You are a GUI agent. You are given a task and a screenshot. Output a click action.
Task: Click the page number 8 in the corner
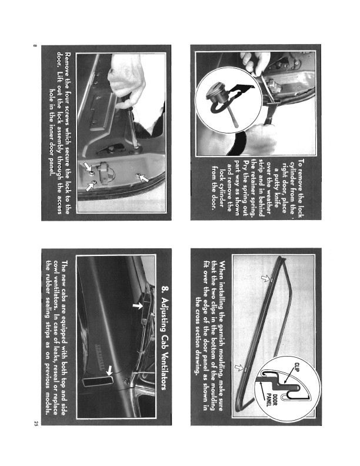35,46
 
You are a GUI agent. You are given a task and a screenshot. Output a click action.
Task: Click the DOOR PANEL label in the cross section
272,400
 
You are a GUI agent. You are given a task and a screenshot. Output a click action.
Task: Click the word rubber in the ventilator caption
48,282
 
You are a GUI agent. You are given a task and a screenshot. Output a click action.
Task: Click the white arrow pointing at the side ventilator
109,371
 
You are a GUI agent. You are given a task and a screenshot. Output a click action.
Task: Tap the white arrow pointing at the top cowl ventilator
137,305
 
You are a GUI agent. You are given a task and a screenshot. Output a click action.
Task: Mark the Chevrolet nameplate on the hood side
99,357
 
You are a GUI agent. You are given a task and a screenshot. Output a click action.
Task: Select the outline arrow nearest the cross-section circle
239,368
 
